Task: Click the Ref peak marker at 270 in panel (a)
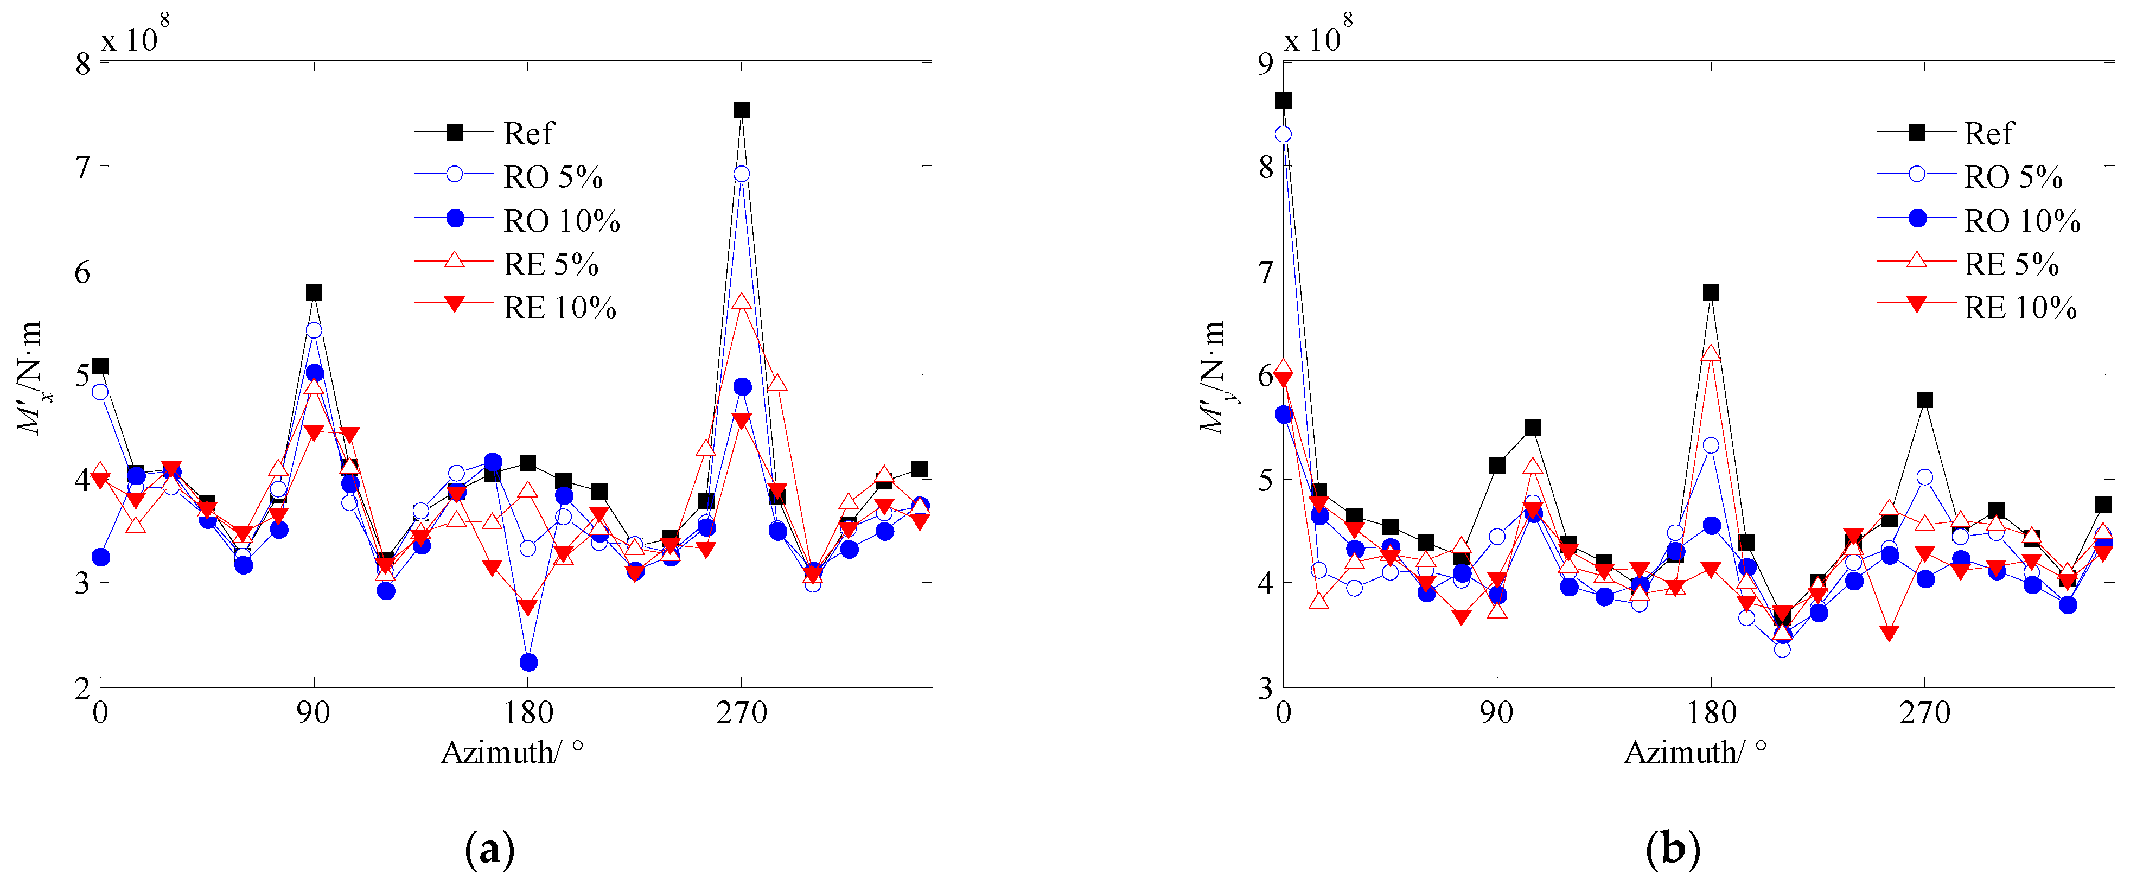[741, 110]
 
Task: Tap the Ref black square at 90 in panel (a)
[314, 293]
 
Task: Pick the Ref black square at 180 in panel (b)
[1711, 293]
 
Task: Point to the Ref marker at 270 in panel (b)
[1924, 400]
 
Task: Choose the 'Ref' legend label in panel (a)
[528, 133]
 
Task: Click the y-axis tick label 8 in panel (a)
[82, 64]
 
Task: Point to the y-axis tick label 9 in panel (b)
[1265, 64]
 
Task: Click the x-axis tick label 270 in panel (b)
[1924, 713]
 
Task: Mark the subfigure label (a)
[489, 850]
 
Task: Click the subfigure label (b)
[1672, 850]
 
